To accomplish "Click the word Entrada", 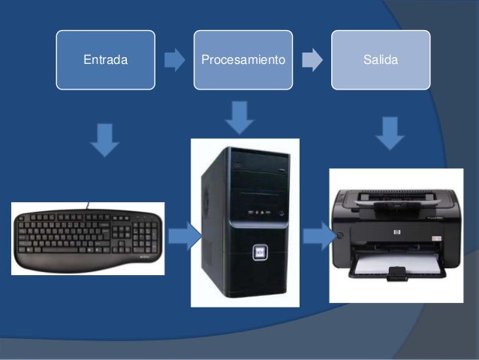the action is pos(104,59).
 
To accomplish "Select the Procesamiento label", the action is pos(243,59).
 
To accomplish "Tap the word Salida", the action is pos(381,59).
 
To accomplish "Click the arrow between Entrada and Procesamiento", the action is pos(174,59).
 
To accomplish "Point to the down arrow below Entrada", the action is pos(105,140).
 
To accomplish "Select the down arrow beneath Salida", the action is pos(390,132).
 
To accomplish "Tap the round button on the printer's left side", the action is pos(339,234).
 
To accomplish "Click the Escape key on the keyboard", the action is pos(24,217).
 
